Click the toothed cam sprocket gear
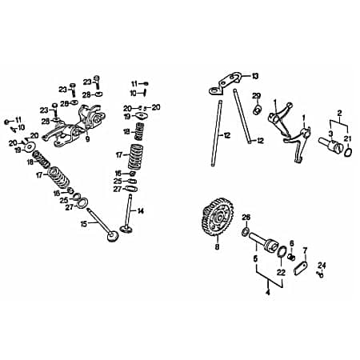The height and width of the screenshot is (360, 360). (x=218, y=217)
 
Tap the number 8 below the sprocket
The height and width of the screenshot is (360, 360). (x=217, y=247)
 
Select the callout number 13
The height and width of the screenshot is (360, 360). (x=255, y=76)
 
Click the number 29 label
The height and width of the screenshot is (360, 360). (x=257, y=96)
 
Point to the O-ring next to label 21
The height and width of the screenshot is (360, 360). (x=348, y=153)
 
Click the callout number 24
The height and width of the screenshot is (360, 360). (x=322, y=266)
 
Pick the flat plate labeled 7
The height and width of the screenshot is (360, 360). (x=301, y=268)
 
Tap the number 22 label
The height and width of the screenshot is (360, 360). (x=281, y=273)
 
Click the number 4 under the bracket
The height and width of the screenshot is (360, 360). (x=268, y=292)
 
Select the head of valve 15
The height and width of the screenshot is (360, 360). (x=113, y=236)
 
